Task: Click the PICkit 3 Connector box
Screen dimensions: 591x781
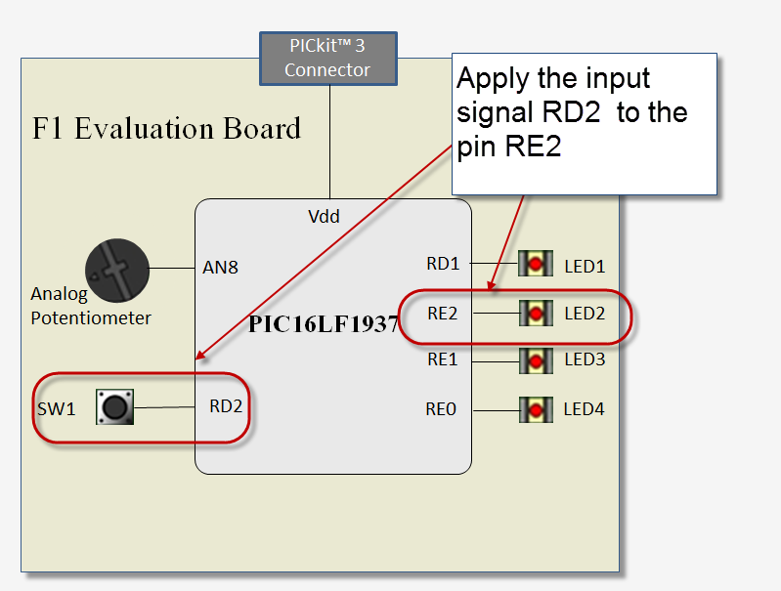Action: (327, 59)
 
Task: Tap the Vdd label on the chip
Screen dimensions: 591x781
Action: (324, 217)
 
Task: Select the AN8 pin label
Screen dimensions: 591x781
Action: (220, 267)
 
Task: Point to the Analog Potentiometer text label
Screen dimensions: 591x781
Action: (91, 306)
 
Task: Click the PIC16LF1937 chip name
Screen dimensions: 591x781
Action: (324, 324)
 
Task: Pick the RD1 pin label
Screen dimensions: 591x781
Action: (443, 264)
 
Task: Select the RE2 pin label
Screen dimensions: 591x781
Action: (443, 313)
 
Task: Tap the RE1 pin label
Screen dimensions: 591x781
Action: (443, 359)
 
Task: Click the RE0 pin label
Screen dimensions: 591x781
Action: (441, 409)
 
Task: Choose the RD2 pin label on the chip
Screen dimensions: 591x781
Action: (226, 407)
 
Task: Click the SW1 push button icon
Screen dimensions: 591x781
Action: (114, 406)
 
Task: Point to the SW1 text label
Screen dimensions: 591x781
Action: (56, 409)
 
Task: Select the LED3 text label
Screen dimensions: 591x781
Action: (585, 359)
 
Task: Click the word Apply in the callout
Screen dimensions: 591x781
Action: (496, 79)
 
